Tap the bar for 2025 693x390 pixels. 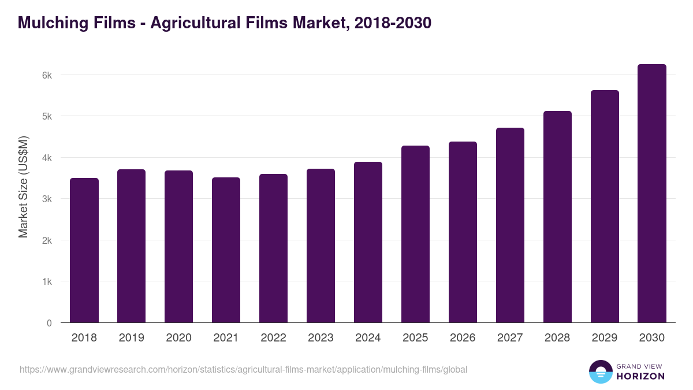coord(415,234)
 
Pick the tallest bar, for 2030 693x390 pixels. coord(652,194)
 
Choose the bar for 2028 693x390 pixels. coord(557,217)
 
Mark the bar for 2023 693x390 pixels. coord(321,246)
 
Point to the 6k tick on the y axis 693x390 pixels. coord(47,75)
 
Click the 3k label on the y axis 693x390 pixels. coord(47,199)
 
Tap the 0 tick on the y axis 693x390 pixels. coord(49,323)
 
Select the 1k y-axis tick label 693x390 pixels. coord(47,281)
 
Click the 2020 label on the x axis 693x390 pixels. coord(179,338)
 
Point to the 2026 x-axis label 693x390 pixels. coord(463,338)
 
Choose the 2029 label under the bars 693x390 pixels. coord(605,338)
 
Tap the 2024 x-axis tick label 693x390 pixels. coord(368,338)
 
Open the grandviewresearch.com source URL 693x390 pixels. coord(243,369)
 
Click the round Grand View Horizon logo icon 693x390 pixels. coord(601,372)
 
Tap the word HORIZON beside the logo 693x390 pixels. coord(640,376)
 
